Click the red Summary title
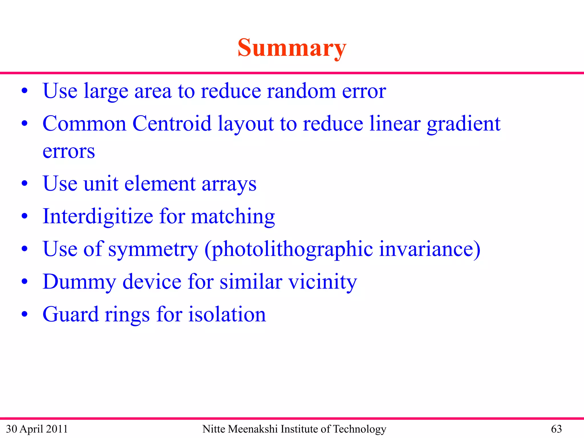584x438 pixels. coord(292,48)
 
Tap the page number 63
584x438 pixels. coord(556,429)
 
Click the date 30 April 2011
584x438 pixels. coord(37,429)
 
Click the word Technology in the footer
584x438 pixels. coord(360,429)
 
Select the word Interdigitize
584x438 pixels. coord(98,216)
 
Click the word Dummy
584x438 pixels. coord(79,282)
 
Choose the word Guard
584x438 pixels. coord(70,314)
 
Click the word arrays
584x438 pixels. coord(229,184)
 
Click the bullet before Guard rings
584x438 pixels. coord(25,315)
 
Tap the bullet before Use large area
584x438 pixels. coord(25,91)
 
